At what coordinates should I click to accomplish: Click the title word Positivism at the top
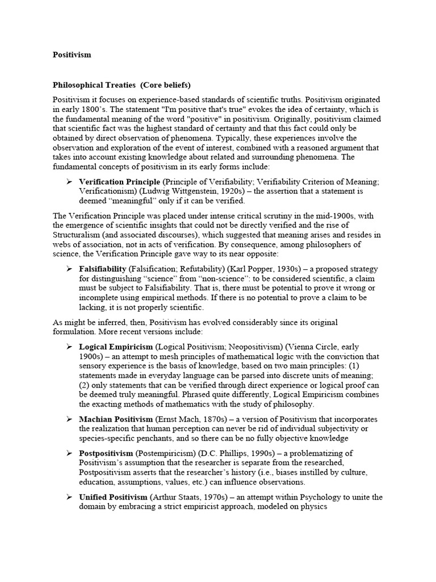point(72,55)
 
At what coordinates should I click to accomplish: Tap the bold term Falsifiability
point(103,268)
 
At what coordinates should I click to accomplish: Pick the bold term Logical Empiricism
point(116,346)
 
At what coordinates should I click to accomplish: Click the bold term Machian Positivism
point(116,419)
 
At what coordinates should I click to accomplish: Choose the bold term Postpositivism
point(106,453)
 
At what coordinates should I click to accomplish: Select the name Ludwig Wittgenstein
point(162,191)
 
